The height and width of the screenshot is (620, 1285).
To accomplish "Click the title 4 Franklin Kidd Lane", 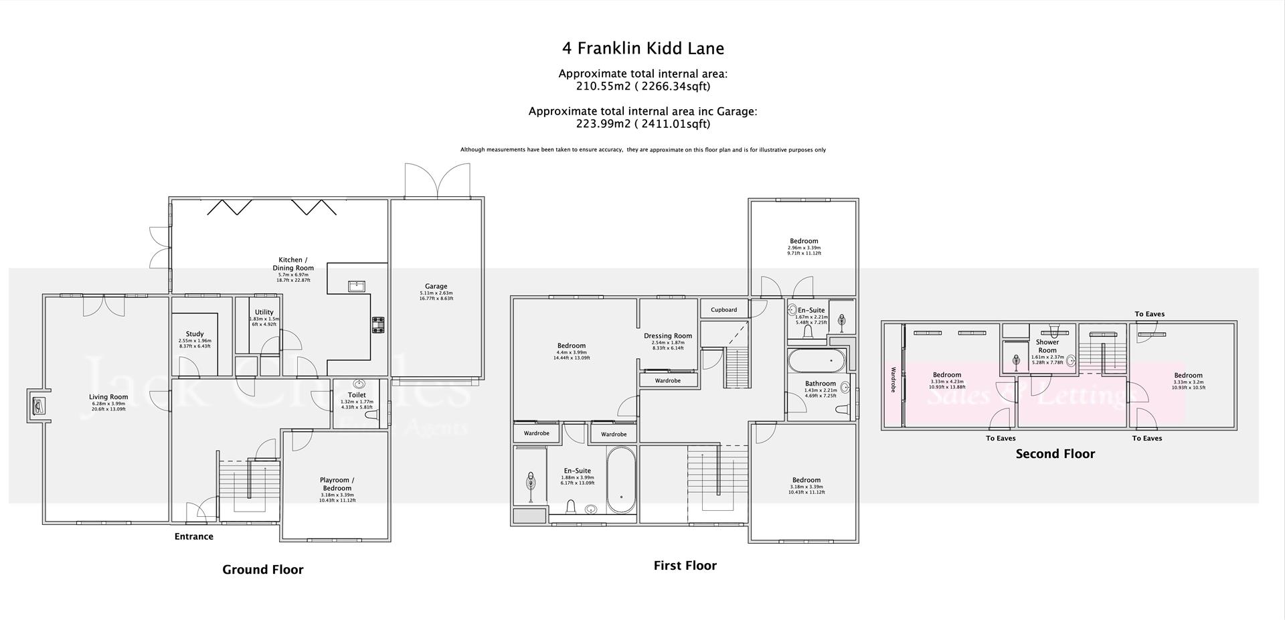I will pyautogui.click(x=642, y=48).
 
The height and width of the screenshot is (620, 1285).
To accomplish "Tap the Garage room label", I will pyautogui.click(x=436, y=287).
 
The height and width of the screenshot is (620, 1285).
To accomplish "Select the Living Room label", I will pyautogui.click(x=108, y=397).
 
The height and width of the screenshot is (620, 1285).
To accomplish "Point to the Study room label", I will pyautogui.click(x=195, y=334).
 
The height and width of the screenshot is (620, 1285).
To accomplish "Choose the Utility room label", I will pyautogui.click(x=264, y=312).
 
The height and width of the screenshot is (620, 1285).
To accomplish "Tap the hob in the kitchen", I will pyautogui.click(x=378, y=325).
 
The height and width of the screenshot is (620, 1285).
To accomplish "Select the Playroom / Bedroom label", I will pyautogui.click(x=337, y=483).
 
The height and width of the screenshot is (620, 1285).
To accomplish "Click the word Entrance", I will pyautogui.click(x=193, y=536).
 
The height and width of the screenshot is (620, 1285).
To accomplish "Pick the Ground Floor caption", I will pyautogui.click(x=262, y=570).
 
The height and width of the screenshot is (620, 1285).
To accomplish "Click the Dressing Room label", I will pyautogui.click(x=667, y=336).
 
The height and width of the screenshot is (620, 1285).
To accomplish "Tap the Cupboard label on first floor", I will pyautogui.click(x=723, y=310).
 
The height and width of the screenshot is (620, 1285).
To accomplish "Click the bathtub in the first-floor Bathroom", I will pyautogui.click(x=816, y=361).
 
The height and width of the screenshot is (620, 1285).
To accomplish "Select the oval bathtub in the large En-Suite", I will pyautogui.click(x=621, y=480).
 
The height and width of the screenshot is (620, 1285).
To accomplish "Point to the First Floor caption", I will pyautogui.click(x=685, y=566).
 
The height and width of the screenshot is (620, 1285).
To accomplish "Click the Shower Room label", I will pyautogui.click(x=1047, y=346).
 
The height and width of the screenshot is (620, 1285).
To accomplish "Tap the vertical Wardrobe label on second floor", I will pyautogui.click(x=893, y=379).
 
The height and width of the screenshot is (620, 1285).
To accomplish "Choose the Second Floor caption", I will pyautogui.click(x=1055, y=454).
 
